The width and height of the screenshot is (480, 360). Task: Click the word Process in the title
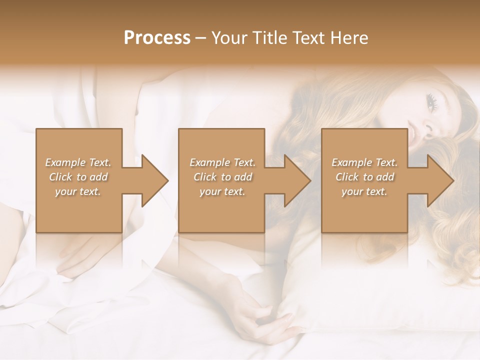157,38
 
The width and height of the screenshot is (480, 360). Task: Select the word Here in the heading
348,38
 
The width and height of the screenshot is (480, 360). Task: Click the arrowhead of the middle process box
297,180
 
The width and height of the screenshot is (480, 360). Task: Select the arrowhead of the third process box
440,180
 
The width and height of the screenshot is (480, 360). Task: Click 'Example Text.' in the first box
78,162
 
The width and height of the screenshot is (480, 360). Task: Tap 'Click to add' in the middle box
222,177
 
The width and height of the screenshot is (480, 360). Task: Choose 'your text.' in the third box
364,191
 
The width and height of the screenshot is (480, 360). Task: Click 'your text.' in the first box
78,191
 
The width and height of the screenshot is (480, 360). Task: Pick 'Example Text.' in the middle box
222,162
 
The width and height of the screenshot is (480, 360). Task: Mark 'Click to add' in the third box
364,177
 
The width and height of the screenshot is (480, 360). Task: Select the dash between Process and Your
201,38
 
